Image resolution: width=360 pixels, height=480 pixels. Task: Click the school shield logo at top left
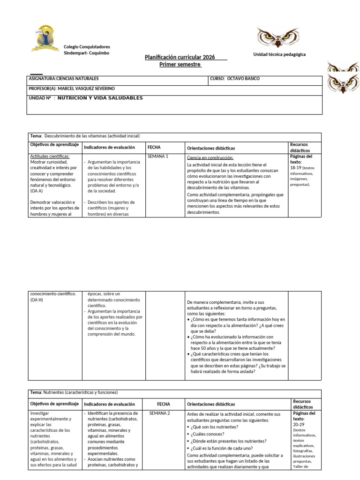point(47,39)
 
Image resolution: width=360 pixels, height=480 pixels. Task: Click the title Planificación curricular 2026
point(180,57)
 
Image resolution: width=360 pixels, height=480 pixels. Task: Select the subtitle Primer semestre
point(180,64)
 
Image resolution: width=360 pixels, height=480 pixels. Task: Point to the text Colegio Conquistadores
point(87,47)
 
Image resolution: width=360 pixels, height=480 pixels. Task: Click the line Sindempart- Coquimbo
point(86,53)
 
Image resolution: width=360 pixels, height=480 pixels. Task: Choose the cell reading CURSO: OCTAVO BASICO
point(235,79)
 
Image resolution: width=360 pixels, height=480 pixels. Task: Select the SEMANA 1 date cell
point(158,156)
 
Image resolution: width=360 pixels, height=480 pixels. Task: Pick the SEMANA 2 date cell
point(159,413)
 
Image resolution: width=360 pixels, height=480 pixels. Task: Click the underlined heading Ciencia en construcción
point(210,157)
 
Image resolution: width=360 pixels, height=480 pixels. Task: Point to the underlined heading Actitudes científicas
point(50,156)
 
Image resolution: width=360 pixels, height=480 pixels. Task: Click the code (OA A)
point(36,191)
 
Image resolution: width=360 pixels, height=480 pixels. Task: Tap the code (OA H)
point(36,300)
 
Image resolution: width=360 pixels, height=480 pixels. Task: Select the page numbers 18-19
point(296,167)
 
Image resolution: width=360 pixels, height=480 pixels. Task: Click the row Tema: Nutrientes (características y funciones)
point(74,392)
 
